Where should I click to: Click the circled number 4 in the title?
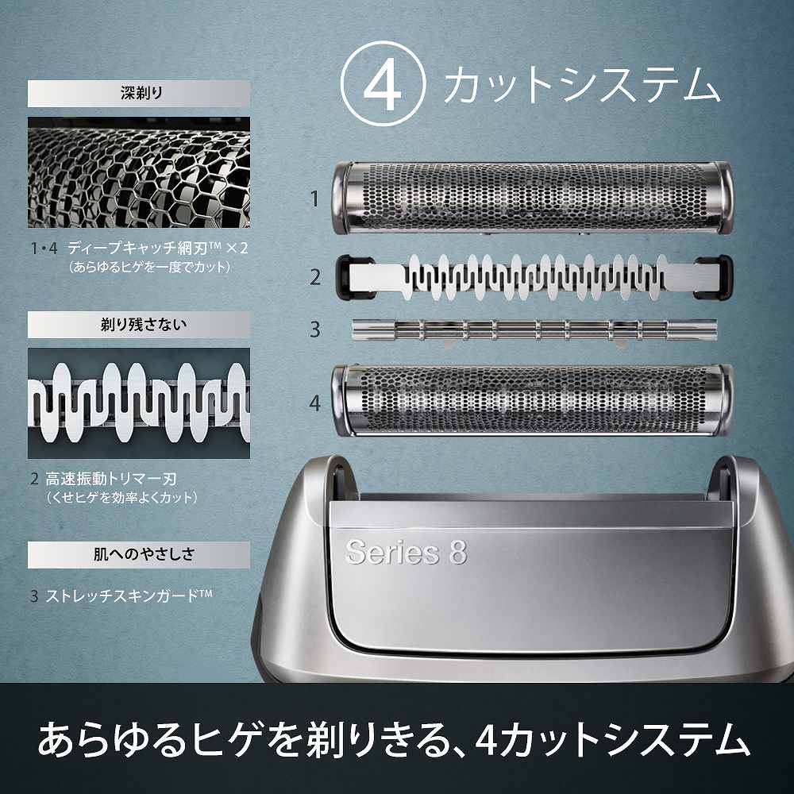383,86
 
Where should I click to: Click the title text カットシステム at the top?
581,86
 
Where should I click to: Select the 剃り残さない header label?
139,324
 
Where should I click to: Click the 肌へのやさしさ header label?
139,553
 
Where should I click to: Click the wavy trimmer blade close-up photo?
139,403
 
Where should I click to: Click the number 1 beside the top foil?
314,198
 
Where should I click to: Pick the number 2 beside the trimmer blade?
315,277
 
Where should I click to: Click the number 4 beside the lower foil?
315,403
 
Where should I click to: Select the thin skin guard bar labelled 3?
534,329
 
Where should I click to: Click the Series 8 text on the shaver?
406,553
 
